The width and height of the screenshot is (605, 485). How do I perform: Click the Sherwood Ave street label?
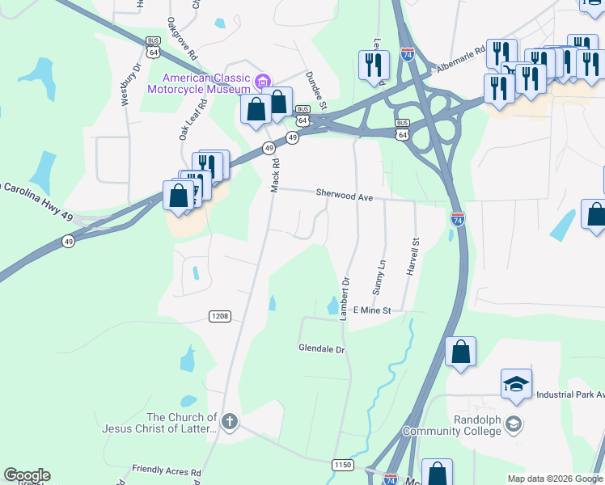(344, 196)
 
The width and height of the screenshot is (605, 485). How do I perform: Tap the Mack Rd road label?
(275, 175)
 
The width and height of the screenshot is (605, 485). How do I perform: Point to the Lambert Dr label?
(345, 299)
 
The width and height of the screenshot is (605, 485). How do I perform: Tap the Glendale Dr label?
(322, 349)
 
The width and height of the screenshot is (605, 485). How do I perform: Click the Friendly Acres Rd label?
(167, 470)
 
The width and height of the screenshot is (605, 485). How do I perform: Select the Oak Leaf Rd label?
(188, 118)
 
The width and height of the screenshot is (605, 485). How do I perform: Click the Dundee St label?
(315, 89)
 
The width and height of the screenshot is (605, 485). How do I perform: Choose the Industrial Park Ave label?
(569, 395)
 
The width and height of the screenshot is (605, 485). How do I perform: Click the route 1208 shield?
(219, 315)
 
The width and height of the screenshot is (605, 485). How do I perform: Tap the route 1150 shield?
(342, 464)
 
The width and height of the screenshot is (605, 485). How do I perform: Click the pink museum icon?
(261, 81)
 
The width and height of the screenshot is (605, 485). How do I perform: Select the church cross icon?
(230, 420)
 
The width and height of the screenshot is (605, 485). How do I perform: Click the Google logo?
(27, 475)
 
